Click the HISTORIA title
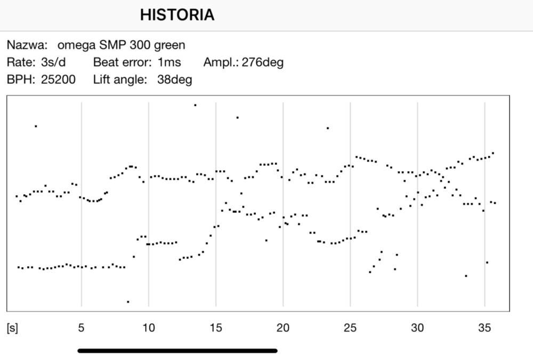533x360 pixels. [x=177, y=15]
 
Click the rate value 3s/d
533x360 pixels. [x=53, y=62]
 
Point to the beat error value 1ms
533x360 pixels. [x=169, y=62]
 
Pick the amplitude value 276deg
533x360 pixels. [x=262, y=62]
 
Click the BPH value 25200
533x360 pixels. [x=58, y=80]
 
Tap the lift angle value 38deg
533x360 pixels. [x=174, y=80]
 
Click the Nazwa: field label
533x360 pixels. [x=27, y=45]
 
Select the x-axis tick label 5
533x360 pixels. [x=82, y=327]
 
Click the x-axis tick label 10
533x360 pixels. [x=149, y=327]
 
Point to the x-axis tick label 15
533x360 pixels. [x=216, y=327]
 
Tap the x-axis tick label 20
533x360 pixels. [x=283, y=327]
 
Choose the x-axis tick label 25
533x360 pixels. [x=350, y=327]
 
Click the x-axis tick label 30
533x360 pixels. [x=417, y=327]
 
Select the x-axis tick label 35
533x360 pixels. [x=484, y=327]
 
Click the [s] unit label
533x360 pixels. [x=12, y=327]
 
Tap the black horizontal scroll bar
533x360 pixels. [x=177, y=351]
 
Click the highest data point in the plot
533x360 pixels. [x=195, y=105]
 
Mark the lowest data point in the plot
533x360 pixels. [x=128, y=302]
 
